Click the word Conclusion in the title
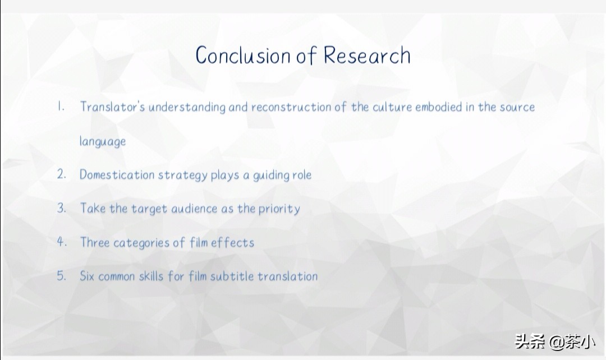(243, 56)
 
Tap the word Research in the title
(367, 56)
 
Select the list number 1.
(61, 106)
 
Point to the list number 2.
(62, 174)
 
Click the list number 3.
(62, 208)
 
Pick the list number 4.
(62, 242)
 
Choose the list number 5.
(62, 276)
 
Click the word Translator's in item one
(112, 107)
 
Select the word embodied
(438, 107)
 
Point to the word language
(103, 141)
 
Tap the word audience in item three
(194, 209)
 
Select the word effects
(233, 242)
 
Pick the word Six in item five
(87, 276)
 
